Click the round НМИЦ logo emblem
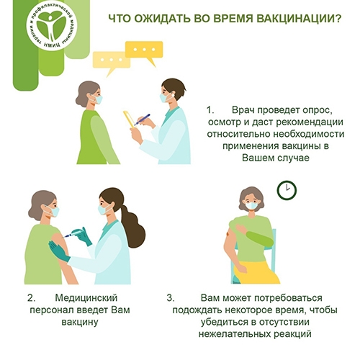tap(51, 27)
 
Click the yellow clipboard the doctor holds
tap(129, 120)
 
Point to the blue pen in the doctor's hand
tap(142, 120)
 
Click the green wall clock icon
tap(287, 191)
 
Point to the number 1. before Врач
tap(210, 110)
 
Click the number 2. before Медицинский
tap(32, 298)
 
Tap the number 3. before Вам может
tap(171, 298)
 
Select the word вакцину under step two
tap(80, 322)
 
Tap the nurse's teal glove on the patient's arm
tap(59, 251)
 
